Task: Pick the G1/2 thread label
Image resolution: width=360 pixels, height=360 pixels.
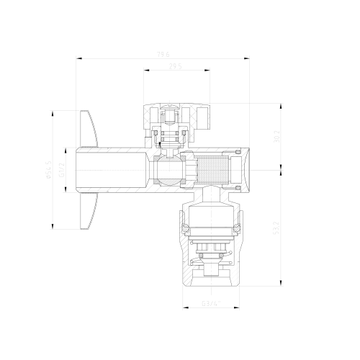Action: (63, 170)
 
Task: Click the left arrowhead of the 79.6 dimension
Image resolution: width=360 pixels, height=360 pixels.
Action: (78, 58)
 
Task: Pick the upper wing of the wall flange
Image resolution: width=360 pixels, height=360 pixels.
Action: (89, 125)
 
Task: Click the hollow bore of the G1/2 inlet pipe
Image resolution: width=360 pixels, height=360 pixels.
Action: (108, 170)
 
